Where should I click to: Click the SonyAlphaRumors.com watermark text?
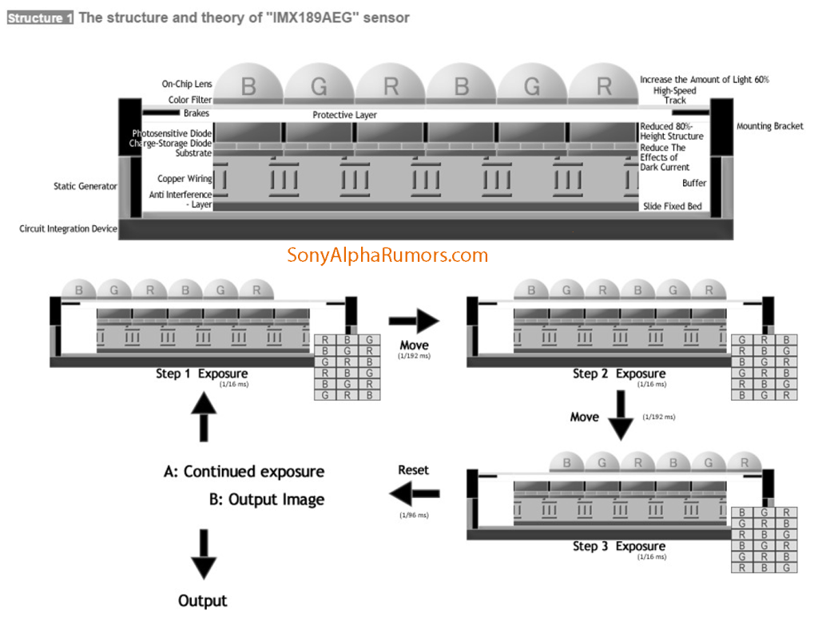387,255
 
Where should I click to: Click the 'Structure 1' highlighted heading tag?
40,18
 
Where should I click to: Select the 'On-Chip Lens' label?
187,84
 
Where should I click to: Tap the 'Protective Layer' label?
344,115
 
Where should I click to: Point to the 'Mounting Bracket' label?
769,126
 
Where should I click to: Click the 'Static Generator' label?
85,186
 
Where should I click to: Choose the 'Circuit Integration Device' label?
68,229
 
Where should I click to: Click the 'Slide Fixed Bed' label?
672,207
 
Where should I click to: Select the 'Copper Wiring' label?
185,179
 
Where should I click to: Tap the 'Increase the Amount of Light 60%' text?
704,80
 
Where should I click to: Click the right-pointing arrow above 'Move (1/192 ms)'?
413,322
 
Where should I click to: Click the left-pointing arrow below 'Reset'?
413,495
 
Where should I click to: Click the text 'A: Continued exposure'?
244,472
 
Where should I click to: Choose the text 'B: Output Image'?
266,500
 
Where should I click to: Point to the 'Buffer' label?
693,183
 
